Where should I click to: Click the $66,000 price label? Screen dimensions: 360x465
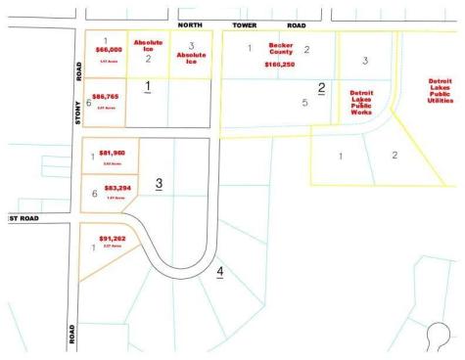108,48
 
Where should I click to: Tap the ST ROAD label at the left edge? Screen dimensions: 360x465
21,218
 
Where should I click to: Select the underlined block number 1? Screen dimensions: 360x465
147,88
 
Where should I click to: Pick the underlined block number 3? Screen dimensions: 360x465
159,183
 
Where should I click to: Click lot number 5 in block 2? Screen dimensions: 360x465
304,102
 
